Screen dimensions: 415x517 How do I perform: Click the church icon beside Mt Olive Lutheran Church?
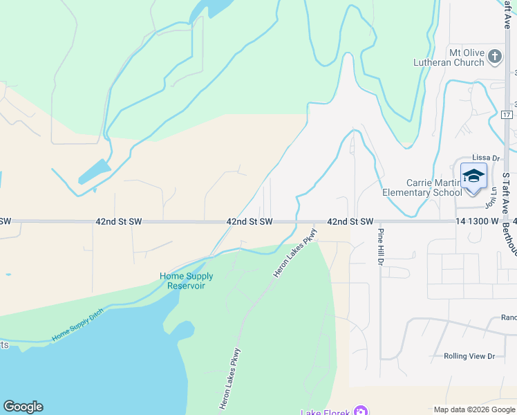495,57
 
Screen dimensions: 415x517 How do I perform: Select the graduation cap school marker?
473,176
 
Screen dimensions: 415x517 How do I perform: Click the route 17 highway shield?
507,114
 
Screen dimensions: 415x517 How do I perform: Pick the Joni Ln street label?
492,196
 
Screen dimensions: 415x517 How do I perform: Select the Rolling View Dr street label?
469,356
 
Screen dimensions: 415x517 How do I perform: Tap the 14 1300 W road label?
477,221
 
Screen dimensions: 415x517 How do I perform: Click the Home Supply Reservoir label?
187,281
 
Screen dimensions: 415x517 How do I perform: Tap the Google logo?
23,407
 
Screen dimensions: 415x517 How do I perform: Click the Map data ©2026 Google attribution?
473,409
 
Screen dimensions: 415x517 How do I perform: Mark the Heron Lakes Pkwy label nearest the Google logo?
230,378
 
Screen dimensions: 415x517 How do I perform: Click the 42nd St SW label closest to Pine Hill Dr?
350,221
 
